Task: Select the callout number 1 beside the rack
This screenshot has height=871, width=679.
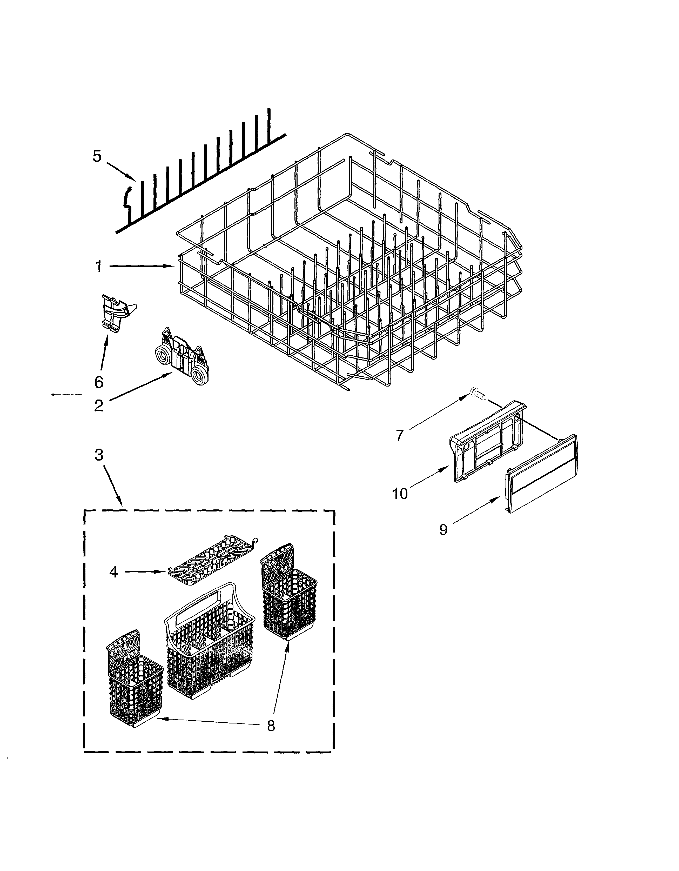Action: pos(98,266)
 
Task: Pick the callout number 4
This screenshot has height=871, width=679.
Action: pos(114,572)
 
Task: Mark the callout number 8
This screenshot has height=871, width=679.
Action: pos(271,726)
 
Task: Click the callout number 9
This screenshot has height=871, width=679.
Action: pos(443,530)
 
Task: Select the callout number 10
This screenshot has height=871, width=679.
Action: pos(400,494)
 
